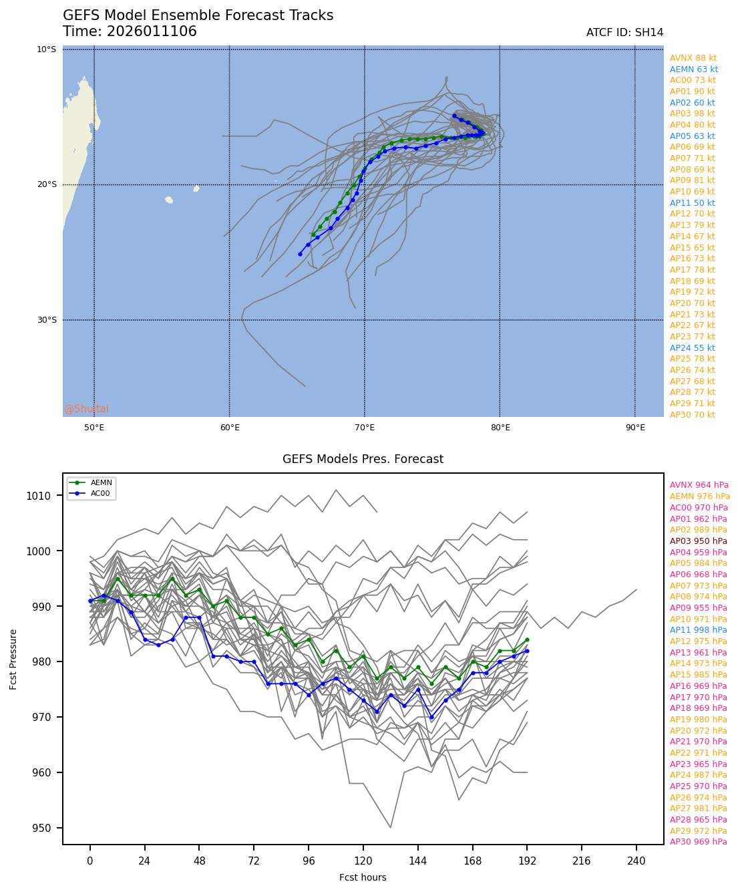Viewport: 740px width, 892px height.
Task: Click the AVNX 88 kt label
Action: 693,58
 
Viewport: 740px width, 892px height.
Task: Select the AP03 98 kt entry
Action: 692,114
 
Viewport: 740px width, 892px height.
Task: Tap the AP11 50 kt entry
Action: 692,203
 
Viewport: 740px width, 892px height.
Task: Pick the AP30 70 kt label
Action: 692,415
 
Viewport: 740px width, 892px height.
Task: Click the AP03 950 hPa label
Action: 698,541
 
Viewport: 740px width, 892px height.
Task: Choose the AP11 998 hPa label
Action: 698,630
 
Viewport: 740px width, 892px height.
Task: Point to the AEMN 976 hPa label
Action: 699,496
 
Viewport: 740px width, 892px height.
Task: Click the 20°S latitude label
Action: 47,185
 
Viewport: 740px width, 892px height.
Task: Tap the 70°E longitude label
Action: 365,428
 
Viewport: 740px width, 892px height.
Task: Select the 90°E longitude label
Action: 635,428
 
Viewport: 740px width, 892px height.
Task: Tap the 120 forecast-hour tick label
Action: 363,861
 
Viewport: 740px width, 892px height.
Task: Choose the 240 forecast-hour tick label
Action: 636,861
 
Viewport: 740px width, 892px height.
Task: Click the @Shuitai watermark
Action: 87,409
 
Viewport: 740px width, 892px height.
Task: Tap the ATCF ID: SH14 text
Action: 624,33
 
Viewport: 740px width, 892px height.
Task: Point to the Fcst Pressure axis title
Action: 13,659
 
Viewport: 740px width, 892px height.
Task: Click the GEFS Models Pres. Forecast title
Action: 363,459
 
